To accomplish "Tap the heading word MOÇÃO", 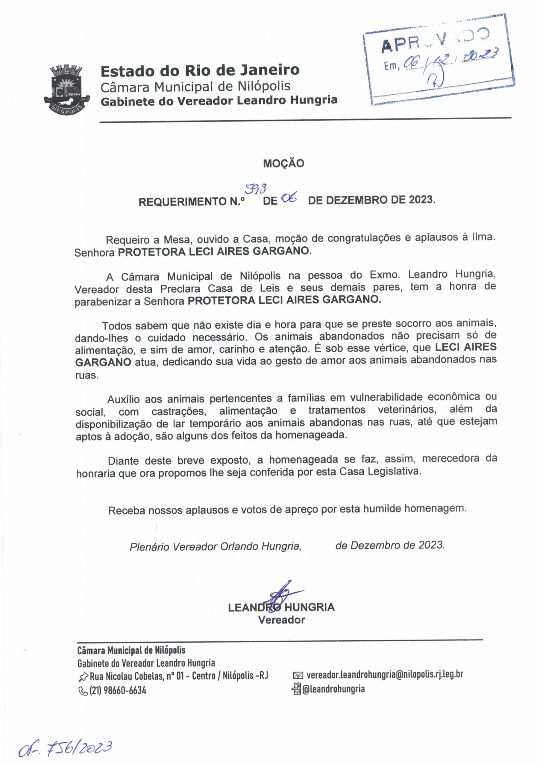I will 283,163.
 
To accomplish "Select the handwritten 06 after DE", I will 289,199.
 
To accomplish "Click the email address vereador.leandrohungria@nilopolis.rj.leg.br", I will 384,674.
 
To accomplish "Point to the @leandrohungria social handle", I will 333,689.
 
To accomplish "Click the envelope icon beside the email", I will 297,676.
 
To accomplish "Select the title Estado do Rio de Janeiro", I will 200,70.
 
